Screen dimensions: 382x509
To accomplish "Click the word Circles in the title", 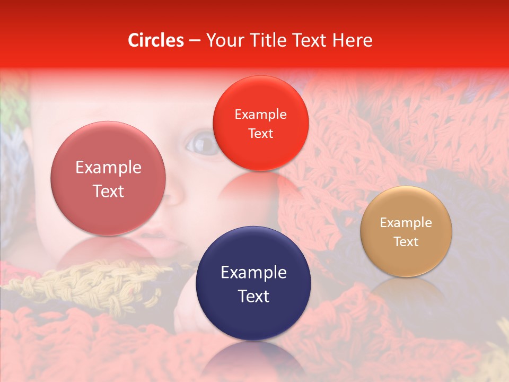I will (x=156, y=40).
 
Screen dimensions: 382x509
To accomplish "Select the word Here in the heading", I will (x=353, y=40).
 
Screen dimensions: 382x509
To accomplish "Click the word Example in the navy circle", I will (x=253, y=273).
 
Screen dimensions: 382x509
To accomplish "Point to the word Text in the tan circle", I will (x=406, y=242).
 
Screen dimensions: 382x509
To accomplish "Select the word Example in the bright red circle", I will (x=260, y=115).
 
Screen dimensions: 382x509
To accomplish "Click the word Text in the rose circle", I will (x=108, y=192).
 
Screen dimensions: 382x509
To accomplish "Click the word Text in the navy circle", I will (x=253, y=297).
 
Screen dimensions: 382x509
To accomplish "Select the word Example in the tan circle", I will (x=406, y=223).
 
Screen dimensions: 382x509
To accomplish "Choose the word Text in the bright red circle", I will (x=260, y=134).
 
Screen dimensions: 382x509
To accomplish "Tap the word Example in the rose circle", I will (x=108, y=168).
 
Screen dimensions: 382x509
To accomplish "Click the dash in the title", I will (x=195, y=41).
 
